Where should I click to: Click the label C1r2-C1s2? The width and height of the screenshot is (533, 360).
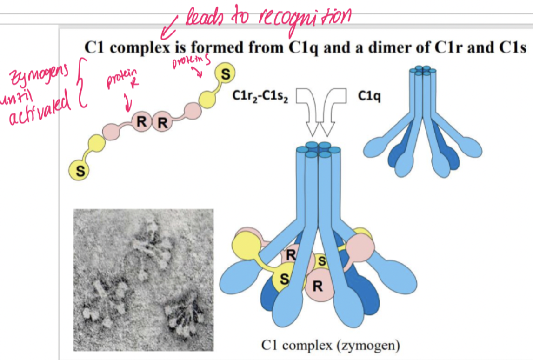coord(260,97)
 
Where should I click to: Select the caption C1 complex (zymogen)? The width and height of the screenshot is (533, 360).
coord(331,345)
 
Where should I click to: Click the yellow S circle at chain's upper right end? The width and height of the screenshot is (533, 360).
coord(226,73)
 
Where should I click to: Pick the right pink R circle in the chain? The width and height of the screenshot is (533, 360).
coord(162,123)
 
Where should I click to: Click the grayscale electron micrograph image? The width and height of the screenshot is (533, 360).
coord(143,279)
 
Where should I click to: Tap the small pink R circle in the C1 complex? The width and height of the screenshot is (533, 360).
coord(291,255)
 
